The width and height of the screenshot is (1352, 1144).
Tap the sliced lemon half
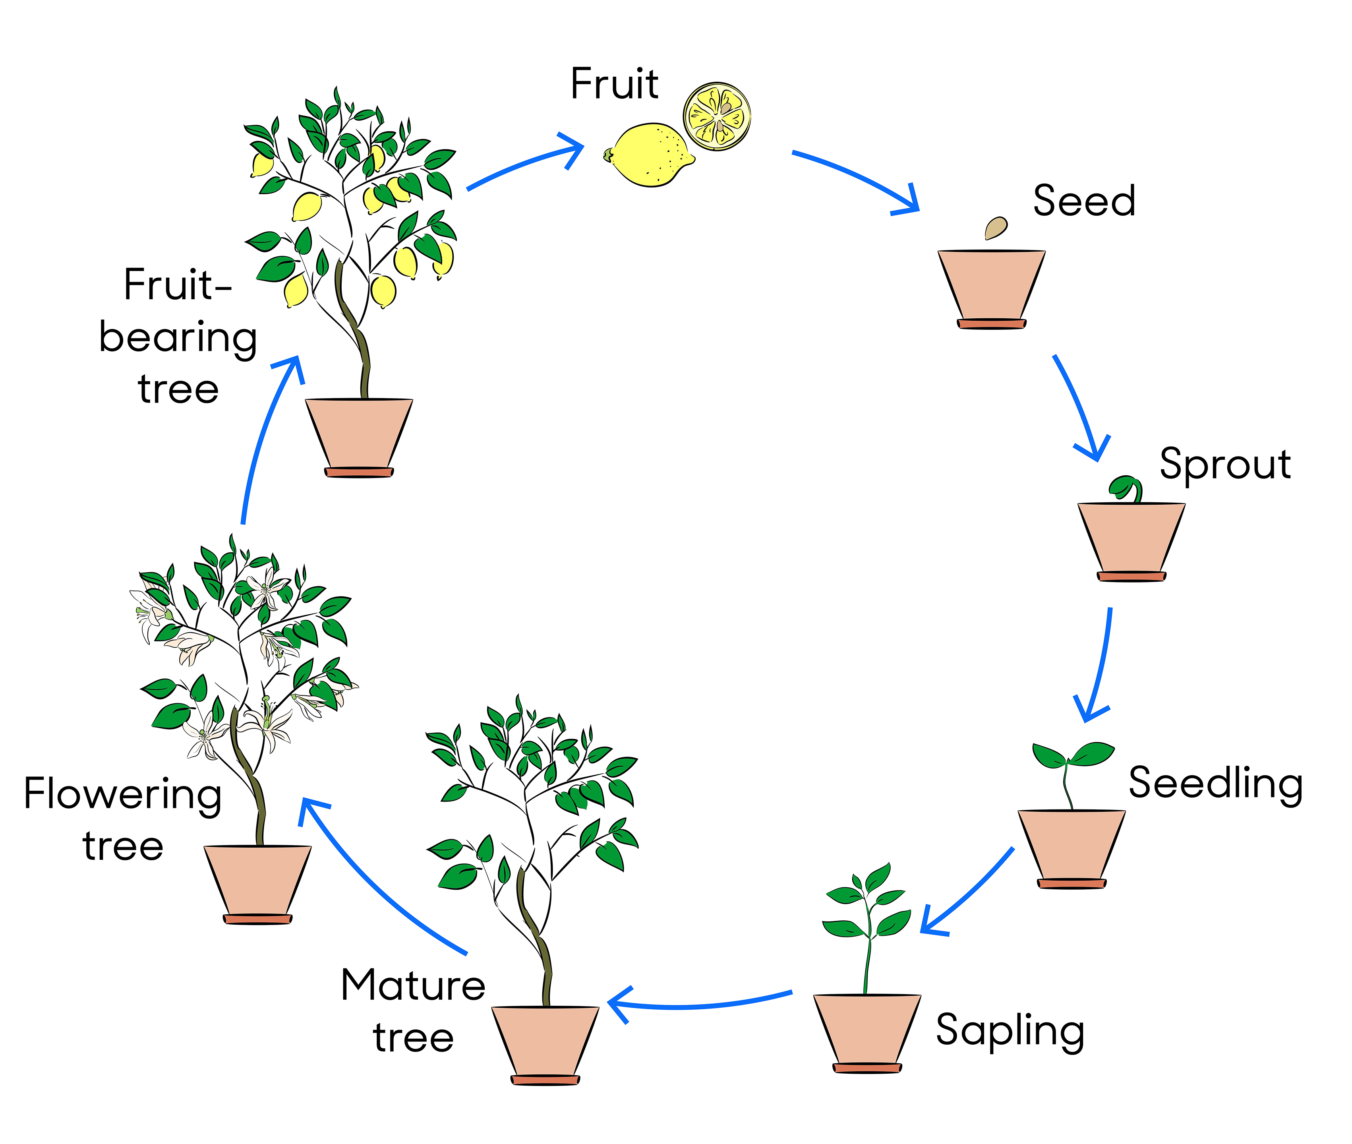point(717,117)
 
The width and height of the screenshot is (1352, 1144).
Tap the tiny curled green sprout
point(1125,488)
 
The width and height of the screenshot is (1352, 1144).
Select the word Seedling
point(1215,784)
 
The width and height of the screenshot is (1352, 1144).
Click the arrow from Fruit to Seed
point(856,178)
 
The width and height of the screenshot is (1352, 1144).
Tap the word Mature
point(413,985)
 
